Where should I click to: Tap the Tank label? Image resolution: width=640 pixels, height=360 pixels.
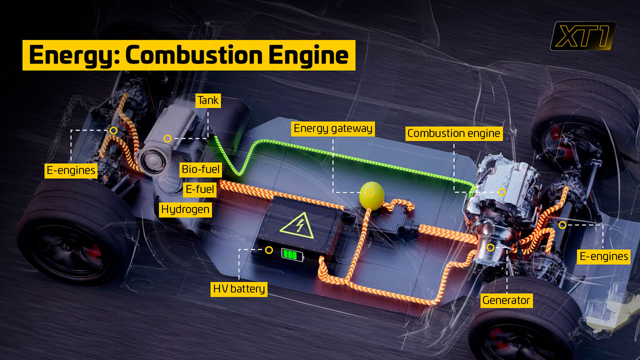pyautogui.click(x=208, y=101)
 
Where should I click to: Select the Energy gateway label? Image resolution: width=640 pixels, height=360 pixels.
pyautogui.click(x=333, y=129)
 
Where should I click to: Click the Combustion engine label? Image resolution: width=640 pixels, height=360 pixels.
pyautogui.click(x=453, y=133)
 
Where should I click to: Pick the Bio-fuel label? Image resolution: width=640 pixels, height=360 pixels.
pyautogui.click(x=201, y=169)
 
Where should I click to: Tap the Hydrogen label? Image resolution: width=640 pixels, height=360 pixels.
pyautogui.click(x=185, y=209)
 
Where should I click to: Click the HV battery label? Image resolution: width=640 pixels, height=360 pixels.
pyautogui.click(x=239, y=289)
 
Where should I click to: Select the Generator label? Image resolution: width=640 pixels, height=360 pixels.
pyautogui.click(x=506, y=300)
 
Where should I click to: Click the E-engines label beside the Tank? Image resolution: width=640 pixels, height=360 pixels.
pyautogui.click(x=71, y=170)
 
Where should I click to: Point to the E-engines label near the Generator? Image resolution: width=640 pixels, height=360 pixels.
pyautogui.click(x=603, y=256)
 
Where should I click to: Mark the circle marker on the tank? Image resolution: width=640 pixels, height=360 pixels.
pyautogui.click(x=167, y=139)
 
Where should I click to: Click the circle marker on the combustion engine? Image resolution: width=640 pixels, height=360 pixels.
pyautogui.click(x=502, y=192)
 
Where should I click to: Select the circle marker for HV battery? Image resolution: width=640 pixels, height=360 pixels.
pyautogui.click(x=269, y=250)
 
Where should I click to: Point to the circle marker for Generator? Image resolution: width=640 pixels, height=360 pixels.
pyautogui.click(x=490, y=247)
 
